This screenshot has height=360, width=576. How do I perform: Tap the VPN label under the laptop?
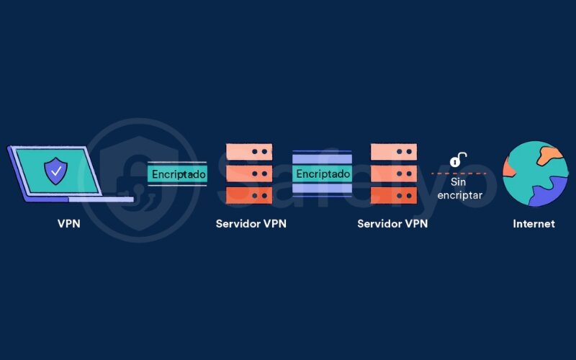click(x=68, y=224)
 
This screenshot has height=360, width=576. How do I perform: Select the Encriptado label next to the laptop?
click(x=178, y=174)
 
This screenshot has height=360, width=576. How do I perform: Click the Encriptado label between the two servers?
click(x=323, y=174)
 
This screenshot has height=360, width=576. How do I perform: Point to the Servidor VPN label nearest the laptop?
click(x=251, y=224)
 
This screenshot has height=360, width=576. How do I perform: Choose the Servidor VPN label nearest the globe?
click(x=392, y=224)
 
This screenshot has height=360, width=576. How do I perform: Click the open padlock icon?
click(x=456, y=159)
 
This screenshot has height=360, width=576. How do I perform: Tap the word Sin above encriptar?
click(x=459, y=183)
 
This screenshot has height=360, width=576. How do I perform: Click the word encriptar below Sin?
click(x=459, y=195)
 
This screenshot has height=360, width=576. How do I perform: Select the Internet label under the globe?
click(x=534, y=224)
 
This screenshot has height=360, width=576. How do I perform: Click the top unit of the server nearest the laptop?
click(x=249, y=152)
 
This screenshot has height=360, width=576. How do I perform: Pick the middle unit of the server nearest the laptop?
click(x=249, y=174)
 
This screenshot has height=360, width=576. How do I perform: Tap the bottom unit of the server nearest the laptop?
click(x=249, y=195)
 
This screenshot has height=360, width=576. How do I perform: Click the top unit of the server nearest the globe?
click(x=394, y=152)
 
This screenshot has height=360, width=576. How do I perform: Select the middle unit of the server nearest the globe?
click(x=394, y=174)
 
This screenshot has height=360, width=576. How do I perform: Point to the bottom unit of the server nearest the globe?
click(x=394, y=195)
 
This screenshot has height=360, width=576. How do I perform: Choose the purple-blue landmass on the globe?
click(x=551, y=194)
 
